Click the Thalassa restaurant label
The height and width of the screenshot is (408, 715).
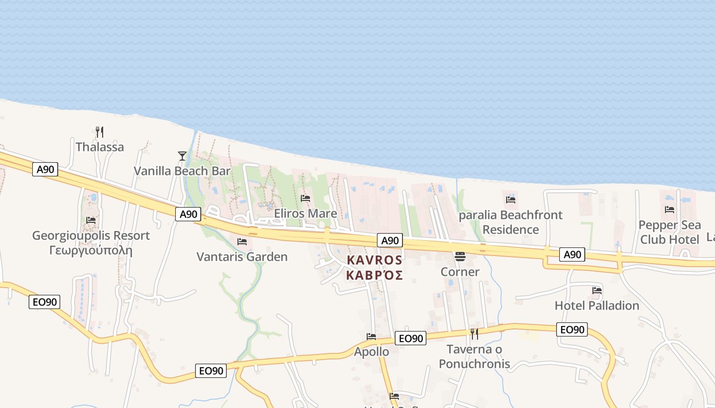[x=100, y=147]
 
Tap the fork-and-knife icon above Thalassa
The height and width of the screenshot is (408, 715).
[x=100, y=132]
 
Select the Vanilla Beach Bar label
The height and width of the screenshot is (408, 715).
[x=182, y=171]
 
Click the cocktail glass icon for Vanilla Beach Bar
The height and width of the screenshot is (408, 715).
[x=182, y=156]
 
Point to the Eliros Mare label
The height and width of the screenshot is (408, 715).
[x=305, y=213]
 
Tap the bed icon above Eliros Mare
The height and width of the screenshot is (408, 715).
[x=305, y=198]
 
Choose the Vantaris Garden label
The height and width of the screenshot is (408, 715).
[x=242, y=257]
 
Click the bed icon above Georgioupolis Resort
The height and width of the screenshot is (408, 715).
[x=91, y=220]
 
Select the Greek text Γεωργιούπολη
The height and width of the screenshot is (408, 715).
[x=91, y=250]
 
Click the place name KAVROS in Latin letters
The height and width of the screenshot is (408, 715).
[x=374, y=260]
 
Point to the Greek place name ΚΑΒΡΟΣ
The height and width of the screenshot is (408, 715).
[x=374, y=275]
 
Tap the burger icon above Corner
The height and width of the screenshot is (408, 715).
[x=460, y=257]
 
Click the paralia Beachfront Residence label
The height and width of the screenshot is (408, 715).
[x=511, y=222]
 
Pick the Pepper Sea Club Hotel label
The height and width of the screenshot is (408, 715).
[x=670, y=232]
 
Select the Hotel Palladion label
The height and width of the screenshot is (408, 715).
[x=597, y=305]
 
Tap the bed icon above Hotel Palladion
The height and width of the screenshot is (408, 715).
[x=597, y=291]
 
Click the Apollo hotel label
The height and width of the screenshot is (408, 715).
[x=371, y=351]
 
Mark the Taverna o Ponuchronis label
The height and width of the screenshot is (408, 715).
[x=474, y=356]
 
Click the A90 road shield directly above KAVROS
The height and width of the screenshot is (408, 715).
[x=390, y=241]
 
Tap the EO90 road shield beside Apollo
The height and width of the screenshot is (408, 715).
[x=411, y=338]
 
